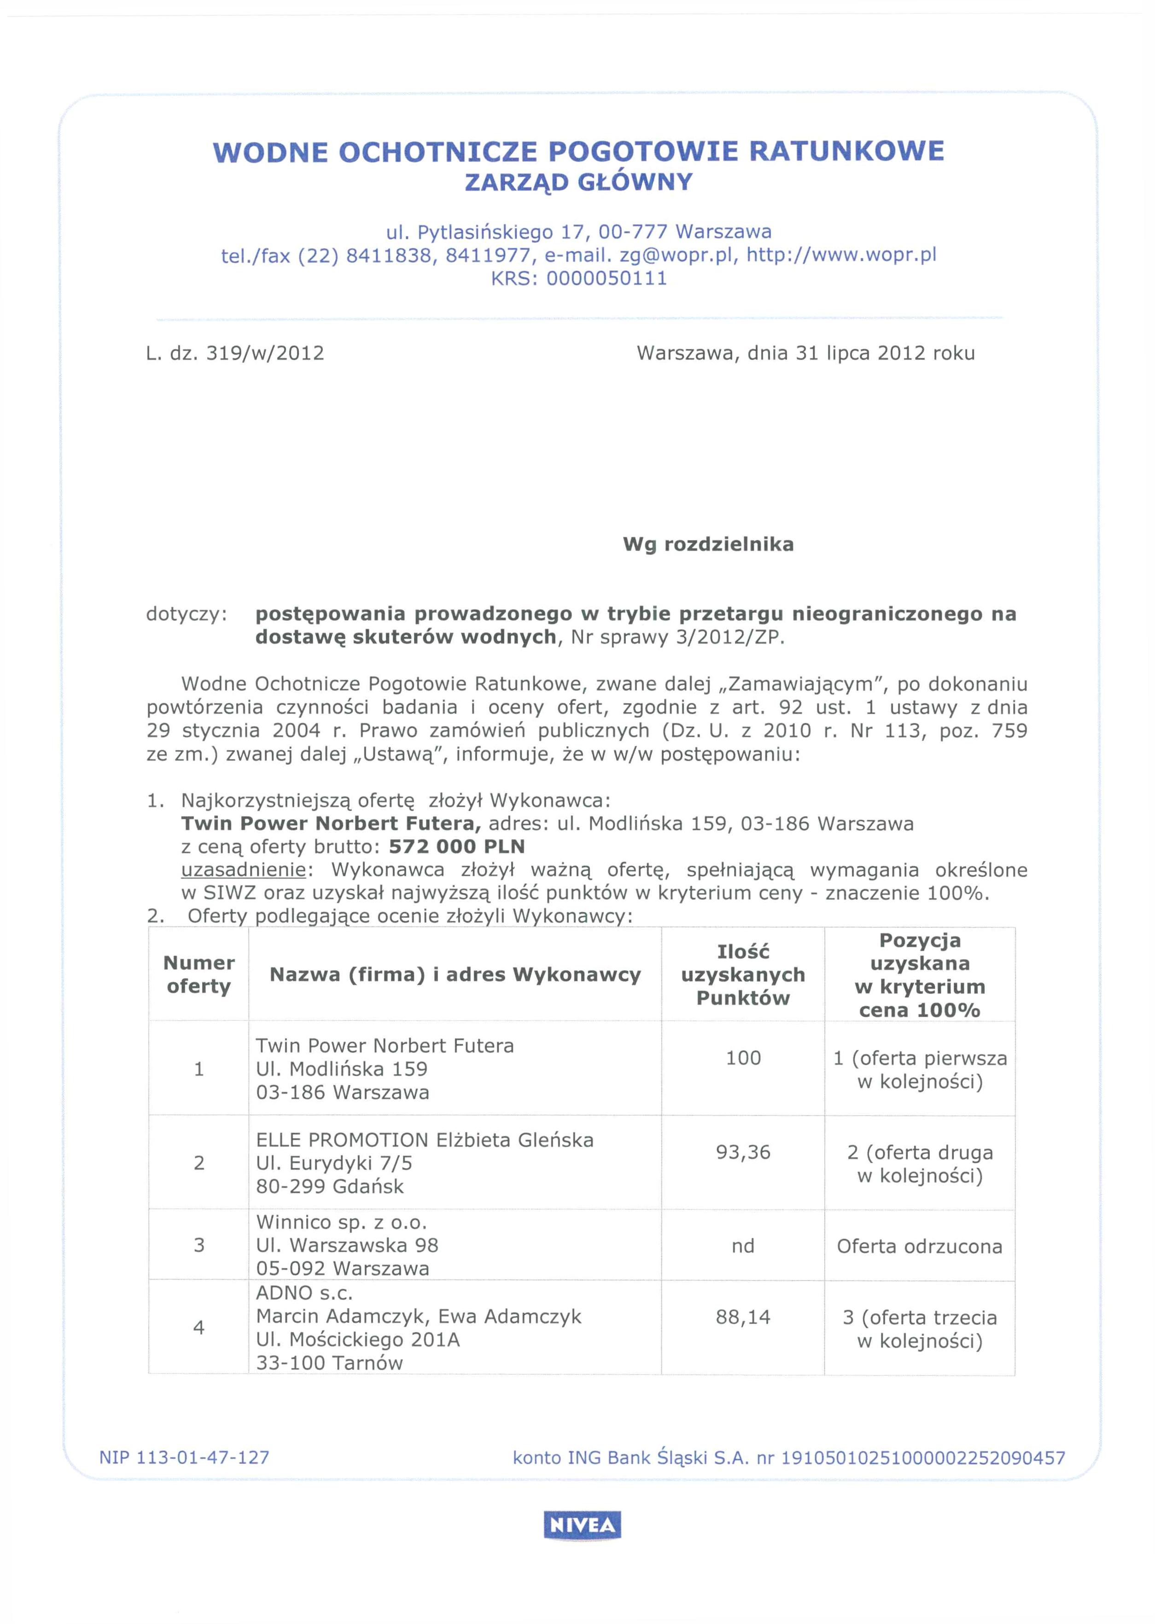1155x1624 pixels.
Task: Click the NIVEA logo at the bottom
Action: coord(582,1525)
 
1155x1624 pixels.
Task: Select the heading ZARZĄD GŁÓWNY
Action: coord(578,183)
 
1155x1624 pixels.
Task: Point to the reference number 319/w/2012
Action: coord(264,353)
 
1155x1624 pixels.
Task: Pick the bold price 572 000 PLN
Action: coord(457,846)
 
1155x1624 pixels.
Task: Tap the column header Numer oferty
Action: coord(198,974)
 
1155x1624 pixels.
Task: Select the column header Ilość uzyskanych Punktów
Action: coord(743,974)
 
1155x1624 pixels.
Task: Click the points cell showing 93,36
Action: coord(743,1152)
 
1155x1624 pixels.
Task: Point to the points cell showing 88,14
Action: coord(743,1317)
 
